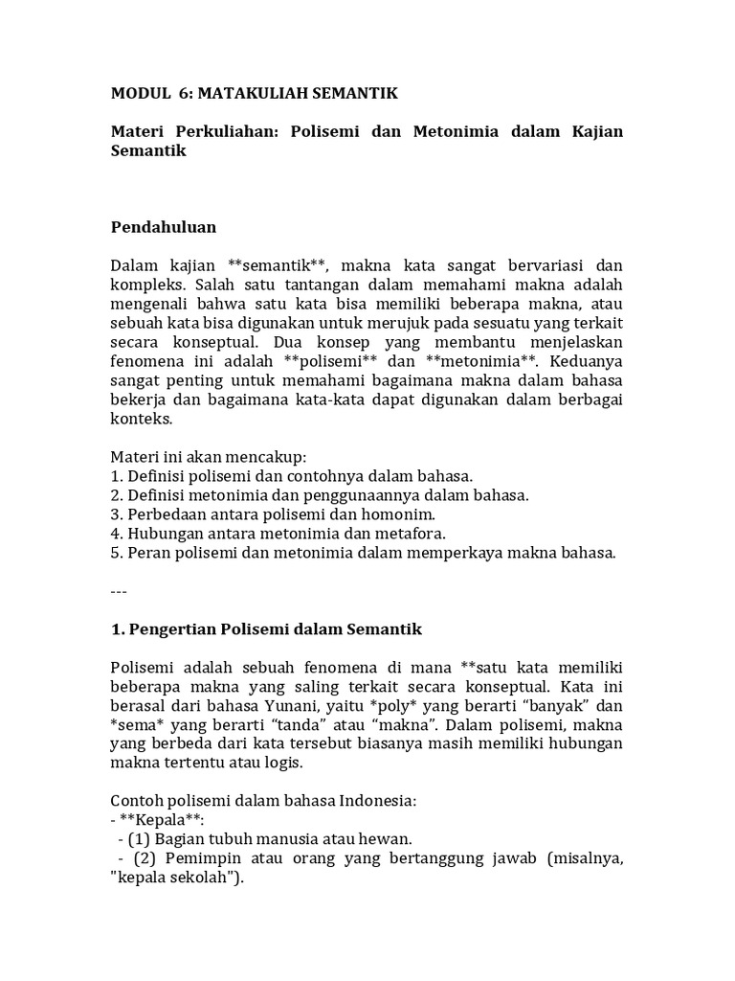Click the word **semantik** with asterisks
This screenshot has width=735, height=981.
click(x=277, y=264)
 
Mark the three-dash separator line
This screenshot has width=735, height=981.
click(x=120, y=591)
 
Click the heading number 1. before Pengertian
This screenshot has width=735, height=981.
click(x=120, y=629)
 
